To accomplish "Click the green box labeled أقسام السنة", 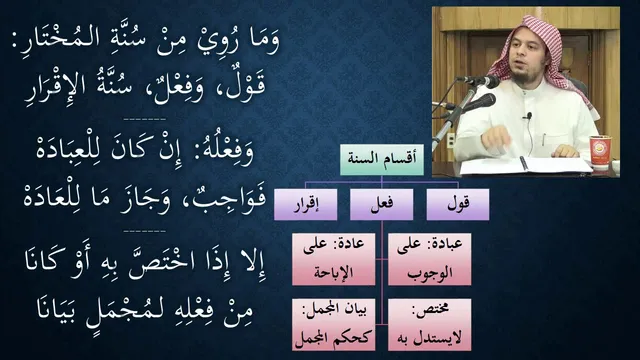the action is click(x=382, y=160).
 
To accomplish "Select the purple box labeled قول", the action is click(x=458, y=204).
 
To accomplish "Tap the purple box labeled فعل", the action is click(x=382, y=204).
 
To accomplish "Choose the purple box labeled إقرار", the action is click(x=306, y=204).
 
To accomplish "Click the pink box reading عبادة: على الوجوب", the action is click(x=429, y=259).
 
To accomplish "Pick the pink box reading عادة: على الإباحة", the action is click(x=333, y=259).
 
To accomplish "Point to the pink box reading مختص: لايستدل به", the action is click(x=429, y=324).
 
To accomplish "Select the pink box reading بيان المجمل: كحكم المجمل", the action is click(x=333, y=324).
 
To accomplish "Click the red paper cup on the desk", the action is click(x=600, y=152).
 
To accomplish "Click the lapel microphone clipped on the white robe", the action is click(x=529, y=116).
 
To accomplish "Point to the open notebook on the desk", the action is click(x=527, y=165).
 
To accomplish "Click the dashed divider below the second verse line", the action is click(x=144, y=120).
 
